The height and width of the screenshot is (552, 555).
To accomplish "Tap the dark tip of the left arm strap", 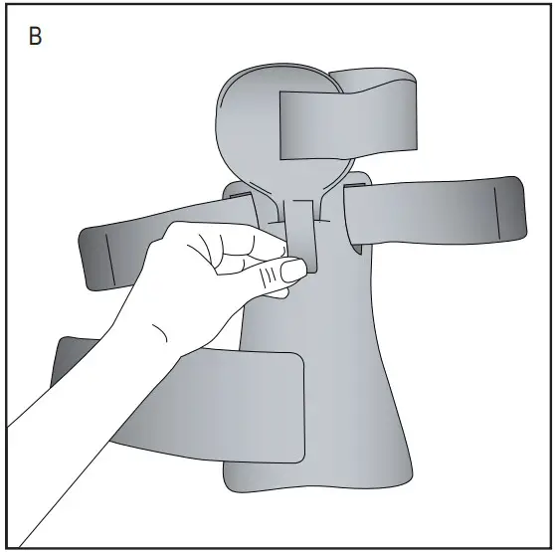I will (97, 257).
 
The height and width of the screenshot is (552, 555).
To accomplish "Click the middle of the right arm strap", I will (428, 214).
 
